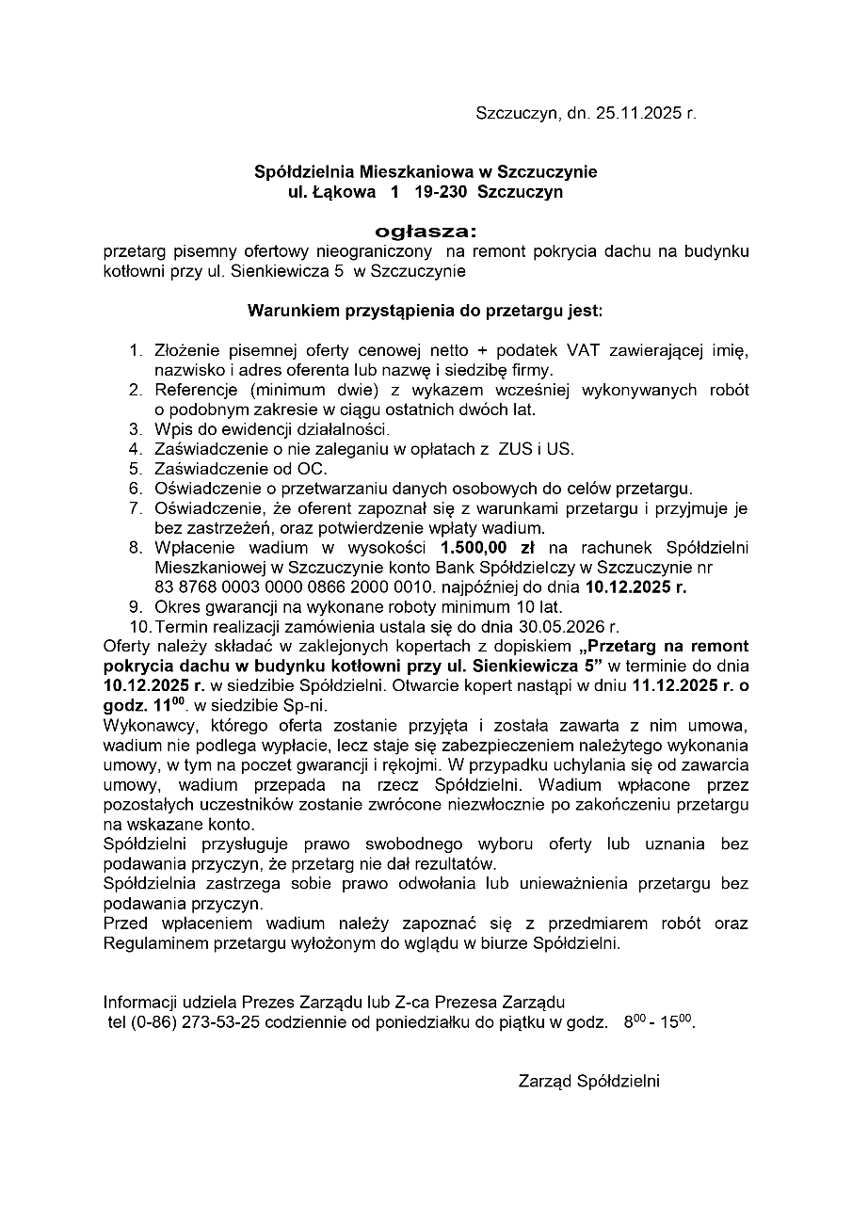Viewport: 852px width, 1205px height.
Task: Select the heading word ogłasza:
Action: pyautogui.click(x=426, y=231)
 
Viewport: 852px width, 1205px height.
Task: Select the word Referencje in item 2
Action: pyautogui.click(x=195, y=390)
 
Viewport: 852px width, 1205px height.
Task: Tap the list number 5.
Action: pyautogui.click(x=136, y=469)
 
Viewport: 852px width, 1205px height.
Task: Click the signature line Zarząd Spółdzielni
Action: pyautogui.click(x=588, y=1082)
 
